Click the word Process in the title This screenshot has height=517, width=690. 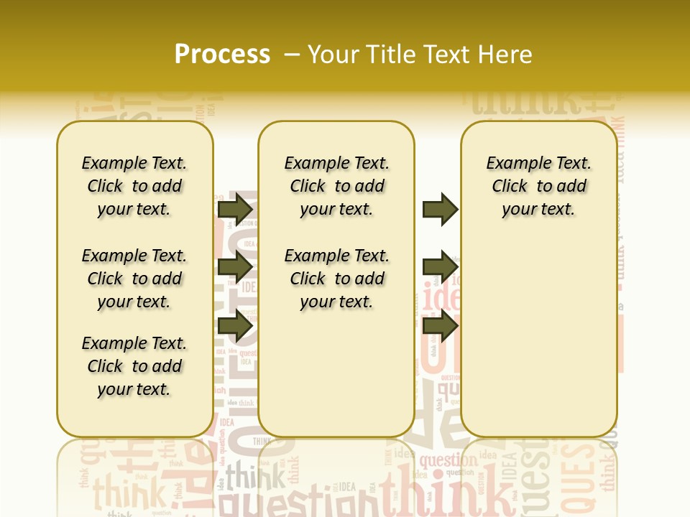tap(222, 55)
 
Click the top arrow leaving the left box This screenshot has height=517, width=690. tap(234, 209)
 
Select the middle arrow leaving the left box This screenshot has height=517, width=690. tap(234, 267)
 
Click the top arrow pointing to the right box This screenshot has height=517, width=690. tap(440, 209)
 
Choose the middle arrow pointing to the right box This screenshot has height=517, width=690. tap(440, 267)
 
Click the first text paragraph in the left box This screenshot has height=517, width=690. tap(134, 186)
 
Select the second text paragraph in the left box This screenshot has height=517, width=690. tap(134, 279)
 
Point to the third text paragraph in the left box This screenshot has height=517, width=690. tap(134, 366)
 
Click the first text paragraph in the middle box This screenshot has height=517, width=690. tap(336, 186)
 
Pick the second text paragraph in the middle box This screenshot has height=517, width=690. tap(336, 279)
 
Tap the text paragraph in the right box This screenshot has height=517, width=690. tap(538, 186)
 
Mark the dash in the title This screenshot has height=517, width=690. tap(291, 55)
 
